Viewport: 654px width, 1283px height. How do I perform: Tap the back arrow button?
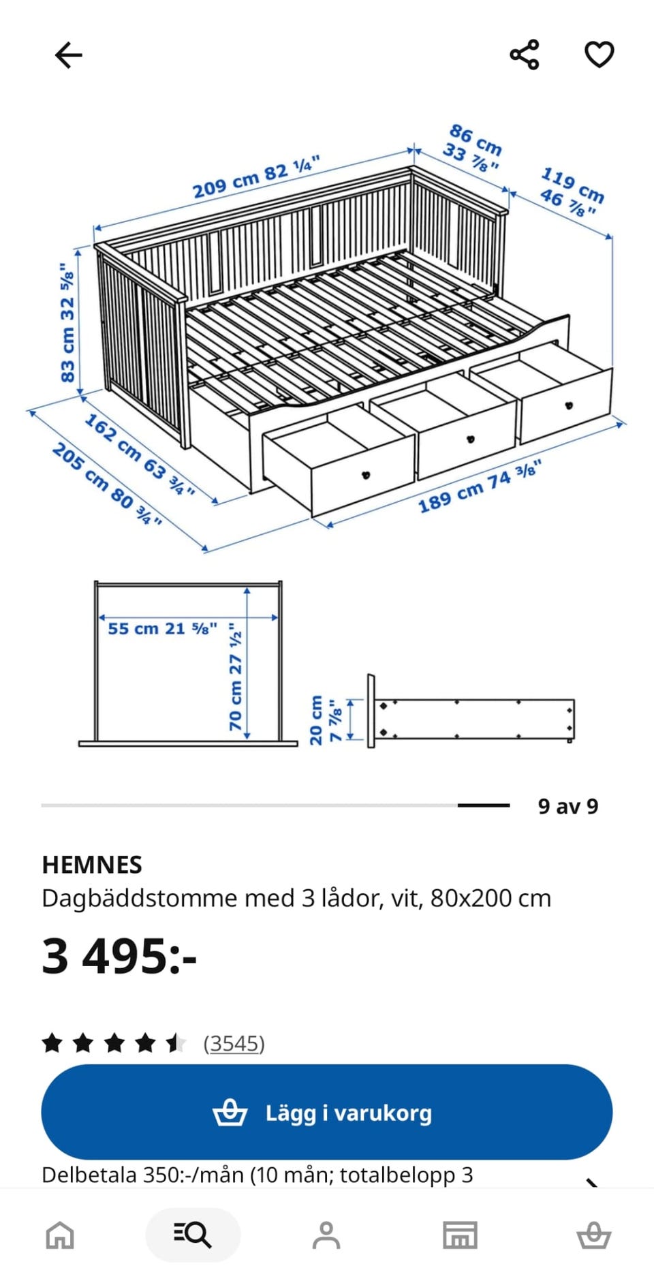click(x=68, y=55)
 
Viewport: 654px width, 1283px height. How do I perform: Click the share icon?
click(x=525, y=55)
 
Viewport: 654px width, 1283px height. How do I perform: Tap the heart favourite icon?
click(x=599, y=55)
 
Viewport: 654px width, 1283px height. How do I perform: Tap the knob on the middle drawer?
click(x=470, y=439)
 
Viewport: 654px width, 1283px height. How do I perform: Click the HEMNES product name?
click(x=92, y=865)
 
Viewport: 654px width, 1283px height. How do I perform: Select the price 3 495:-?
click(x=119, y=956)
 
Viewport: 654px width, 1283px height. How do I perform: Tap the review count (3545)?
click(x=234, y=1043)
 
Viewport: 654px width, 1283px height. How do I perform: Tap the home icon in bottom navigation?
click(x=60, y=1235)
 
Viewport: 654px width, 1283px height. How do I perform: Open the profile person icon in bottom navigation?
click(x=326, y=1235)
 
